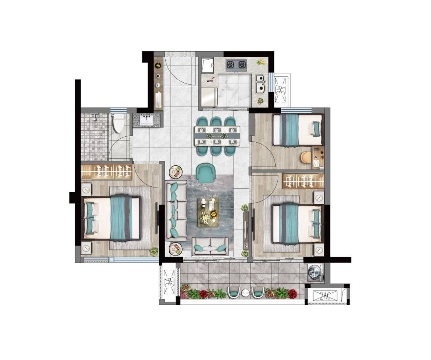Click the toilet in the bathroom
coord(119,123)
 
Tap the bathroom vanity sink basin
coord(147,120)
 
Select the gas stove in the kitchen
coord(236,65)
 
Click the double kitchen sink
coord(260,83)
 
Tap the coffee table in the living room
coord(208,212)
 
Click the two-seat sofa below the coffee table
coord(210,246)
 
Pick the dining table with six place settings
coord(217,135)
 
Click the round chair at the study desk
coord(305,157)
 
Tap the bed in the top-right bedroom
coord(297,130)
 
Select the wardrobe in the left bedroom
coord(106,172)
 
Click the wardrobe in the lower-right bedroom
coord(303,181)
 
